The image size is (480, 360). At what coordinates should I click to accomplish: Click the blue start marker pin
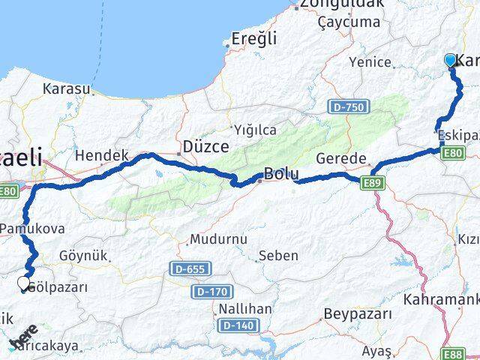[451, 61]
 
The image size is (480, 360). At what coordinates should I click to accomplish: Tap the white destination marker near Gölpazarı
[24, 283]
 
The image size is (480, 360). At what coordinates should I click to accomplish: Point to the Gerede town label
[340, 159]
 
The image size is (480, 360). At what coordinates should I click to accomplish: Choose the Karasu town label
[67, 88]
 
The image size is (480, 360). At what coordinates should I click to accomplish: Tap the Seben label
[278, 256]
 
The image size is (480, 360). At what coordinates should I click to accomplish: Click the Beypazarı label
[358, 313]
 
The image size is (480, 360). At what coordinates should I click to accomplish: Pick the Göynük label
[83, 256]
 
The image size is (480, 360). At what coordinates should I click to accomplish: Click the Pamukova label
[34, 229]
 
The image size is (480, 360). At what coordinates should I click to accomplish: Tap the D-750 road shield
[348, 108]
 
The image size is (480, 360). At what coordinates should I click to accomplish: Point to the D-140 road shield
[236, 325]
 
